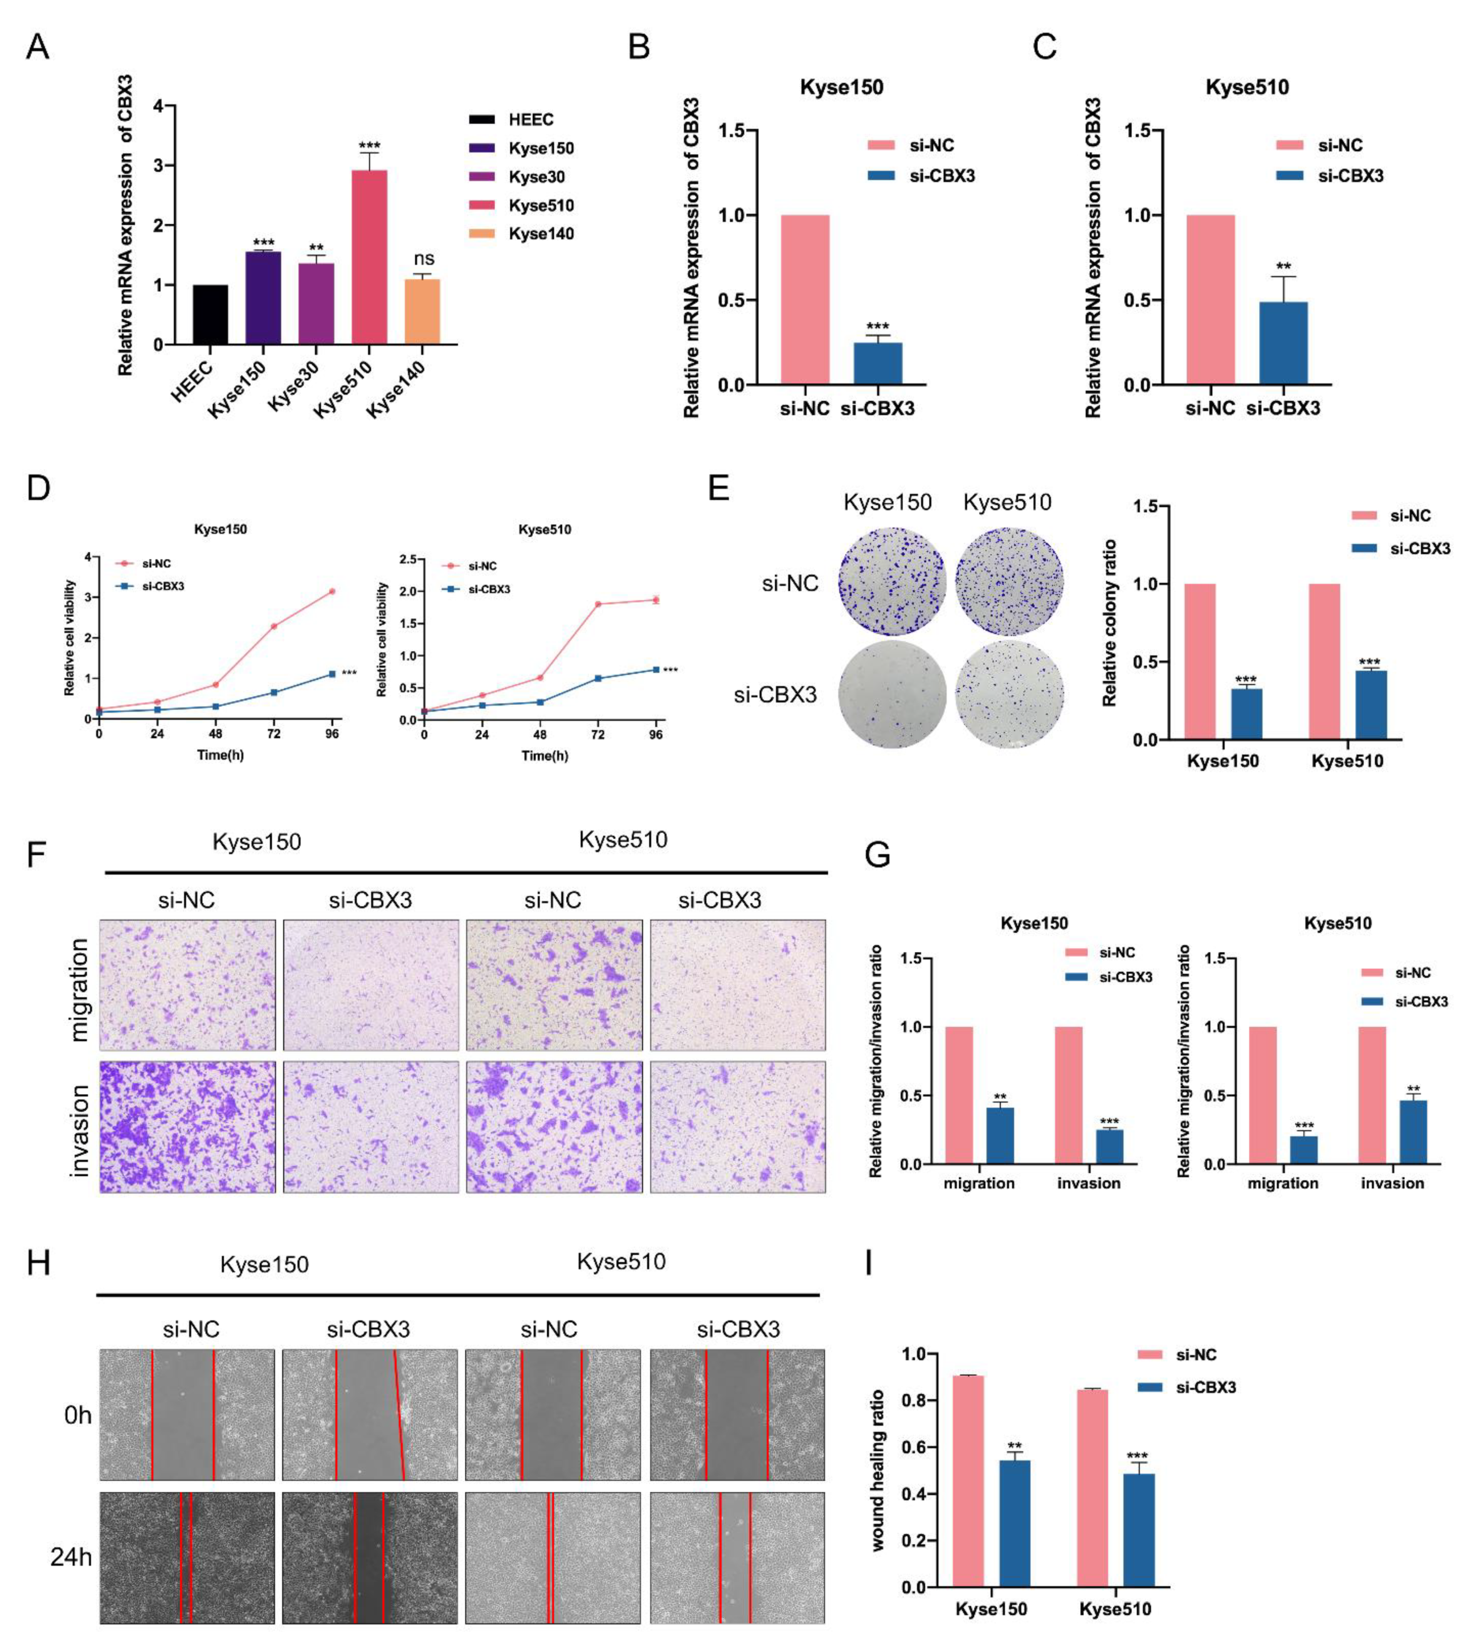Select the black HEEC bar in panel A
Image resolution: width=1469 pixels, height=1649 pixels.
coord(211,315)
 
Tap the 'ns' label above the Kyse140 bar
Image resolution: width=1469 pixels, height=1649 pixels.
coord(424,259)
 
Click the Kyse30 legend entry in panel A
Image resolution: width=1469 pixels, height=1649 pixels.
coord(536,177)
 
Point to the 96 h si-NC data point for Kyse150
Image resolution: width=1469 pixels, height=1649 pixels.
coord(332,592)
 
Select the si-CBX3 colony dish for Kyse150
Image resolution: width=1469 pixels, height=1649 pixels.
coord(891,694)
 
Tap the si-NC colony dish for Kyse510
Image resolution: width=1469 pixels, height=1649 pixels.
coord(1009,581)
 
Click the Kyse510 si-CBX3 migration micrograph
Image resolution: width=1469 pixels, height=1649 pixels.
coord(738,985)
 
